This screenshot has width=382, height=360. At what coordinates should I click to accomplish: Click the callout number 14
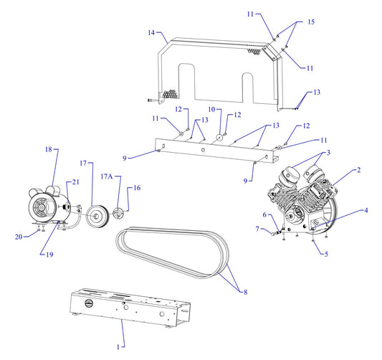(151, 33)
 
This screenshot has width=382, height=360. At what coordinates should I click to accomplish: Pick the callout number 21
(77, 181)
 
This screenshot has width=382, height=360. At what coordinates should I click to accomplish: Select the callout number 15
(311, 22)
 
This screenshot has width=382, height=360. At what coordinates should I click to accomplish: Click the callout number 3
(328, 153)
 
